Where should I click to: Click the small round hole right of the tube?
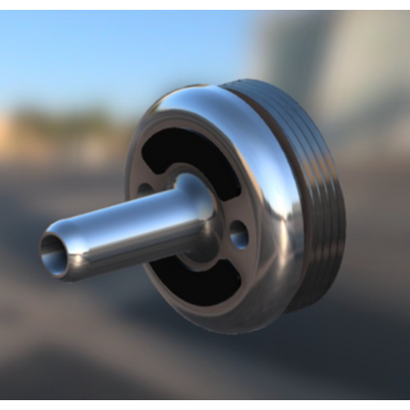[x=239, y=234]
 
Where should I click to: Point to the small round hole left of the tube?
[x=146, y=188]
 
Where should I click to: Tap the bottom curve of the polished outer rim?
[x=237, y=320]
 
